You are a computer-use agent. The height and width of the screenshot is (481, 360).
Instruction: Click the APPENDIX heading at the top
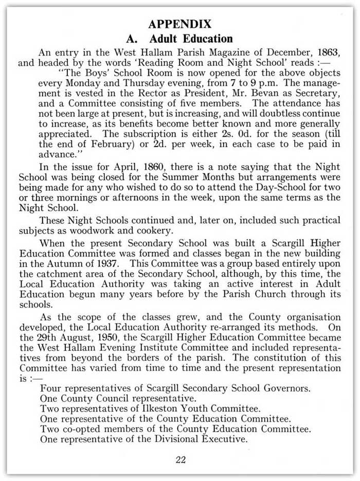pyautogui.click(x=179, y=24)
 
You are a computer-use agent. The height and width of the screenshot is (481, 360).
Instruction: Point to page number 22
pyautogui.click(x=179, y=459)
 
